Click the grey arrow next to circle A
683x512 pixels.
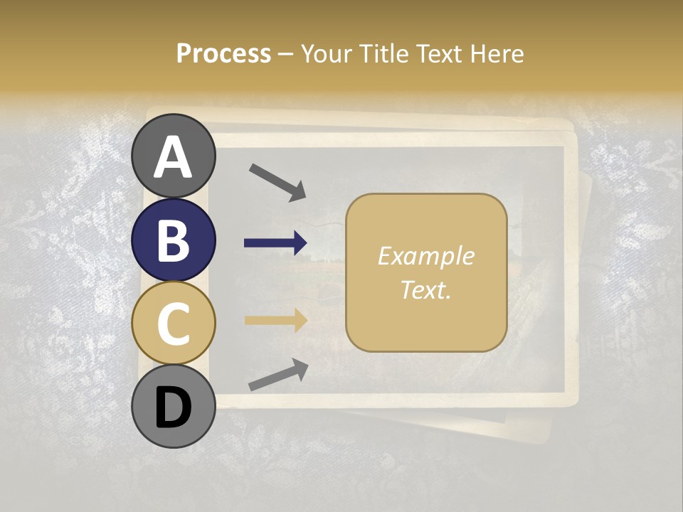coord(277,181)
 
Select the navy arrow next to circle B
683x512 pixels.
coord(275,243)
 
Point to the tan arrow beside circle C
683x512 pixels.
coord(275,320)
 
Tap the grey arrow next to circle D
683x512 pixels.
coord(278,375)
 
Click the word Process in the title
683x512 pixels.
coord(223,53)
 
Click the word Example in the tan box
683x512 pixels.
coord(425,256)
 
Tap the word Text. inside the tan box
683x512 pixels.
coord(425,289)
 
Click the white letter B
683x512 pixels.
coord(173,241)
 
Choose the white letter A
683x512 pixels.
coord(173,157)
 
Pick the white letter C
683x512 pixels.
coord(173,324)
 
